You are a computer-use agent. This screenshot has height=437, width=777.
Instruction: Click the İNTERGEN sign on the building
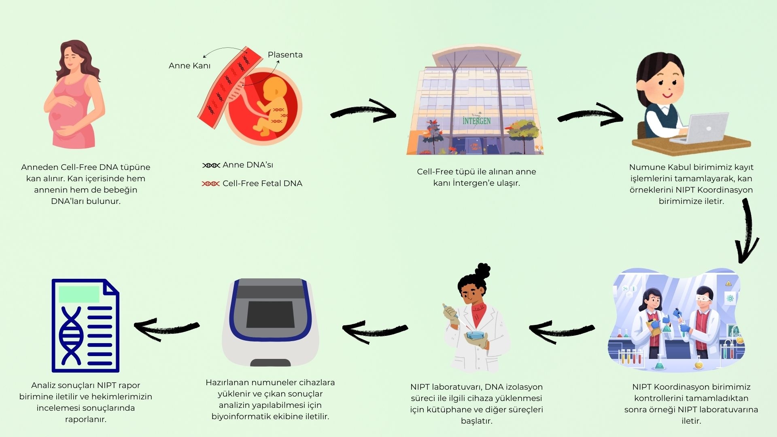[x=477, y=121]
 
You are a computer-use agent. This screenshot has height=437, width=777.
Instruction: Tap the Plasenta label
[x=285, y=55]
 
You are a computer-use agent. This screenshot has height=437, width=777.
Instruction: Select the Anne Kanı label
[x=189, y=66]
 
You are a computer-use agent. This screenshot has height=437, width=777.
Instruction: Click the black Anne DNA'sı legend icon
[x=211, y=165]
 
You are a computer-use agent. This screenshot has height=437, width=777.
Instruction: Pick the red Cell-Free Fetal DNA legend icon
[x=211, y=184]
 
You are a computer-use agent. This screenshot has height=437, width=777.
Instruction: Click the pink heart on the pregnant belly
[x=57, y=116]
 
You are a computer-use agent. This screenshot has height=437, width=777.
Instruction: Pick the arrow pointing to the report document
[x=167, y=327]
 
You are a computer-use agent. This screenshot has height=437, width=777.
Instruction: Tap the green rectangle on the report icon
[x=79, y=295]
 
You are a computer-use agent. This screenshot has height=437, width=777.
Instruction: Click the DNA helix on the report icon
[x=71, y=336]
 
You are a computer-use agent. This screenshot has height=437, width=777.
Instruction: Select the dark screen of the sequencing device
[x=270, y=314]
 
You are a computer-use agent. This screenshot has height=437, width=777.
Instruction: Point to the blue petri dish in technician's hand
[x=475, y=335]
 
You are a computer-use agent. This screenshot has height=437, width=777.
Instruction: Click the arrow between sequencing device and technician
[x=375, y=329]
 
